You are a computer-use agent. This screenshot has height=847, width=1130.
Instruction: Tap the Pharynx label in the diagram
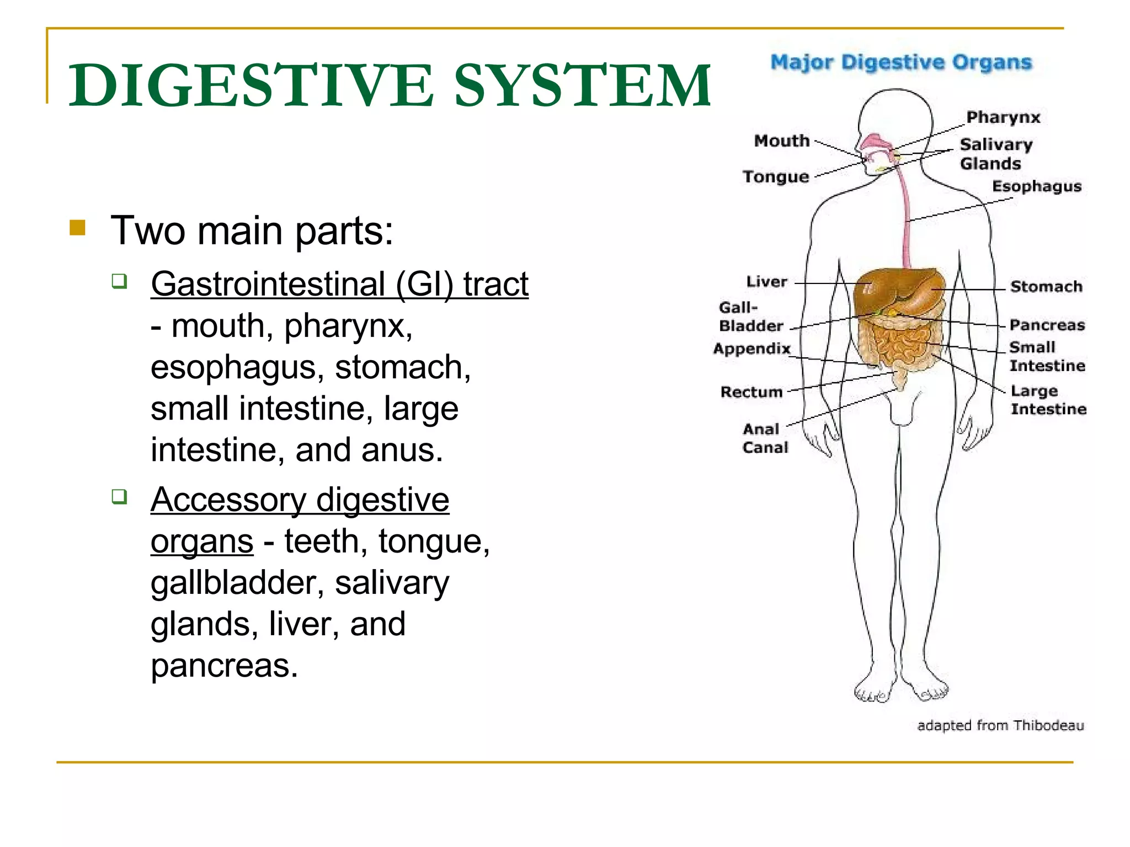click(x=1003, y=117)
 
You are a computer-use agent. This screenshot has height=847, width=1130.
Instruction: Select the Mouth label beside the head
click(x=781, y=141)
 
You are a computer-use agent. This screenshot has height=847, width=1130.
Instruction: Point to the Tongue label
click(x=775, y=177)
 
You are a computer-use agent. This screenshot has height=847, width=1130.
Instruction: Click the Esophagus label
click(x=1036, y=186)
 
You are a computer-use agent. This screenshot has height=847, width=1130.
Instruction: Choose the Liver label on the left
click(x=766, y=282)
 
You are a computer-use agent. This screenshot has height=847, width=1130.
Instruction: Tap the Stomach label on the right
click(x=1046, y=287)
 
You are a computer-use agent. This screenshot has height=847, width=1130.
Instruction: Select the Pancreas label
click(x=1047, y=325)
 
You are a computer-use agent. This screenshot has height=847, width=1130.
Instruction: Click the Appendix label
click(x=751, y=349)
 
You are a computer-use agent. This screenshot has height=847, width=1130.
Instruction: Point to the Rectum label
click(x=751, y=392)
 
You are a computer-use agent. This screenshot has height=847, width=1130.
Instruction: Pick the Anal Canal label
click(x=765, y=438)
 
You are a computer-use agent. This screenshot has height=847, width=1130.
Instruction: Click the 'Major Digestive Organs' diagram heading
click(x=900, y=63)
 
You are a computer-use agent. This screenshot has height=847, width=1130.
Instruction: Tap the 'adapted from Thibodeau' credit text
click(x=1000, y=725)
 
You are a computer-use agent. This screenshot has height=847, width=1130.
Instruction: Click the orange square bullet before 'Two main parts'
click(x=78, y=228)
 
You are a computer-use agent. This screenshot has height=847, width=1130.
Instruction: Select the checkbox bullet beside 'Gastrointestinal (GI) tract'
click(x=119, y=282)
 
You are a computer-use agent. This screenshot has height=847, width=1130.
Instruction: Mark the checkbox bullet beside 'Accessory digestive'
click(x=119, y=496)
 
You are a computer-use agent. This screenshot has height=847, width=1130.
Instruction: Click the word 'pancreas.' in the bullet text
click(x=224, y=666)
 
